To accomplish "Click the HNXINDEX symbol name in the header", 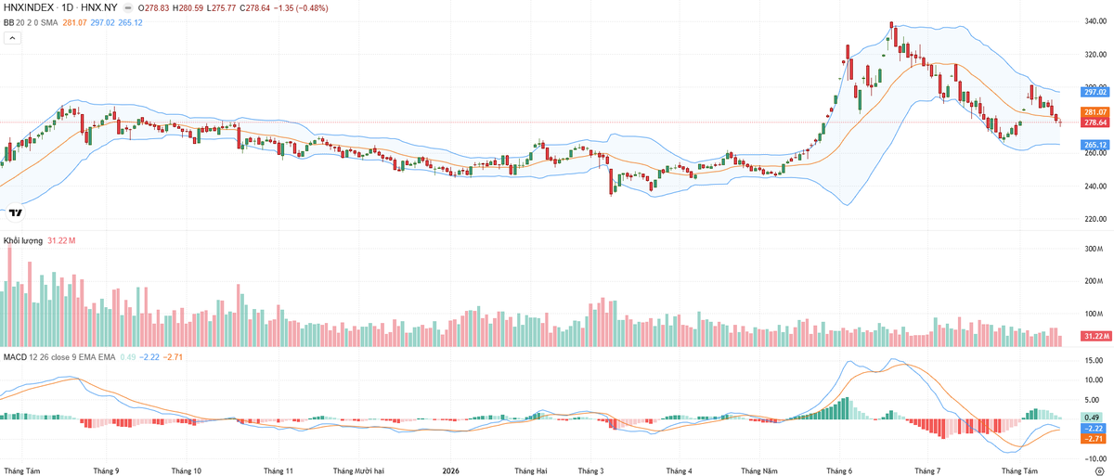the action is click(x=29, y=8).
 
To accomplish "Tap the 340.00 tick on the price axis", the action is click(x=1095, y=21).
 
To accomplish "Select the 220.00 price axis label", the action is click(x=1095, y=219).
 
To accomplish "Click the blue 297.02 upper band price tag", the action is click(x=1095, y=92).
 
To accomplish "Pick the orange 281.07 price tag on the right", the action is click(x=1095, y=112).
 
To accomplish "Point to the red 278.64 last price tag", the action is click(x=1095, y=122).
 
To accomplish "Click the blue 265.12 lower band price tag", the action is click(x=1095, y=145).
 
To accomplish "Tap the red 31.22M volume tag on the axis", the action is click(x=1096, y=337).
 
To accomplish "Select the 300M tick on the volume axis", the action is click(x=1094, y=249).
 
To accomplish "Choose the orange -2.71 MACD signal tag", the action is click(x=1095, y=439).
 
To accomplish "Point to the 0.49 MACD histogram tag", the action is click(x=1095, y=418).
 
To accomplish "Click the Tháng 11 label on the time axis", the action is click(x=278, y=470).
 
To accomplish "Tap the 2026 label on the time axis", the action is click(x=450, y=470).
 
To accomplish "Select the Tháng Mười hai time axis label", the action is click(x=358, y=470).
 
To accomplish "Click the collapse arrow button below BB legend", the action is click(x=12, y=38).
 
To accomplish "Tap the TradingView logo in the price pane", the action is click(x=16, y=212).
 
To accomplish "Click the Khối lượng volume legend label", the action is click(x=23, y=240).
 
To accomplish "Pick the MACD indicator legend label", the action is click(x=16, y=356).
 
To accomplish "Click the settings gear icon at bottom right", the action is click(x=1099, y=470).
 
